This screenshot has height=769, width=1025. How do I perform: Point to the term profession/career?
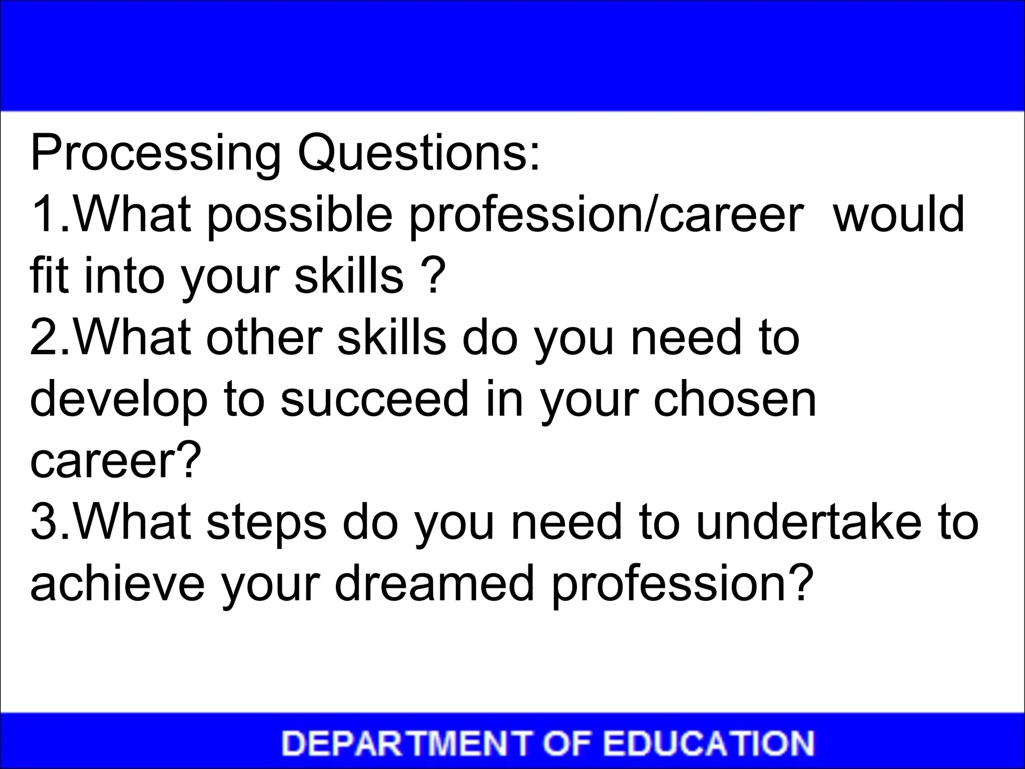(x=606, y=215)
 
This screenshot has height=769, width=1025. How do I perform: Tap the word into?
(x=125, y=275)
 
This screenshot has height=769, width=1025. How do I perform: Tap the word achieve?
(x=117, y=583)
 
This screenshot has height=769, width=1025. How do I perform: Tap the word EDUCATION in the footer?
(x=709, y=743)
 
